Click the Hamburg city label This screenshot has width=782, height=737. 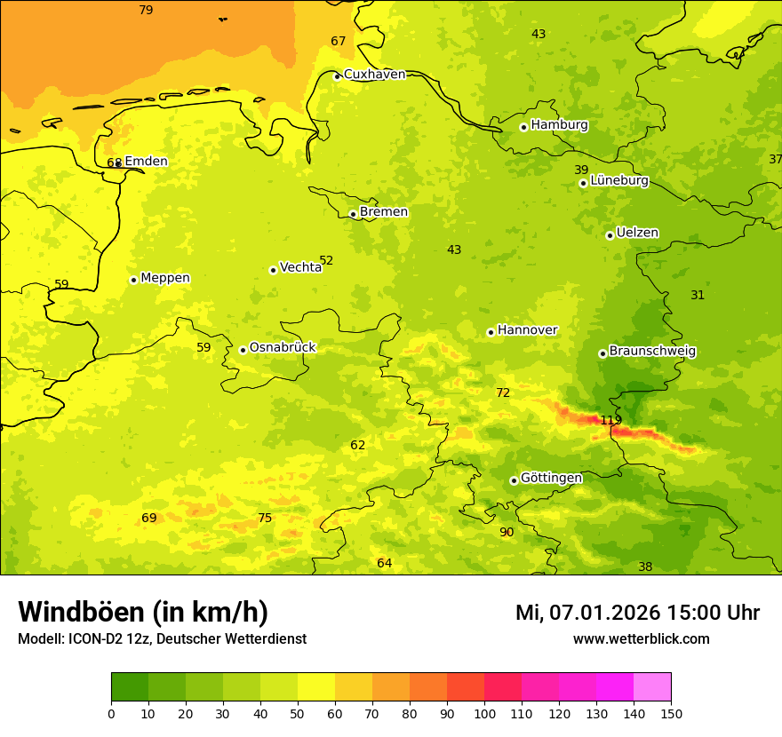559,125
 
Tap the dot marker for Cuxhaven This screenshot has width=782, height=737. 337,76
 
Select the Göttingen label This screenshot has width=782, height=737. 551,478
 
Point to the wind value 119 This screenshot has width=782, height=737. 610,420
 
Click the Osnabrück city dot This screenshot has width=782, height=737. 243,350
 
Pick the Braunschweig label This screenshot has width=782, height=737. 652,351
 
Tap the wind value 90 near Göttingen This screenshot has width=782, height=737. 507,532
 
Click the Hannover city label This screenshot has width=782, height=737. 527,330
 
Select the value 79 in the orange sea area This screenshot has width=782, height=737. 146,10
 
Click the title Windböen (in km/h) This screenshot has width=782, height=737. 143,612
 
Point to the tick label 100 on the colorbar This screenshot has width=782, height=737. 484,713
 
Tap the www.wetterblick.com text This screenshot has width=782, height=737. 641,638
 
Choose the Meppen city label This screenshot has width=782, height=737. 165,278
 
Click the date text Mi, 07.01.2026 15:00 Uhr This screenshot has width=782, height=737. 637,613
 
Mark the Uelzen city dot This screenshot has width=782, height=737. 610,235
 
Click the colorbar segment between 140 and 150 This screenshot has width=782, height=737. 652,687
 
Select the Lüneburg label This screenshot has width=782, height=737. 619,180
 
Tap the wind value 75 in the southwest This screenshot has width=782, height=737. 265,518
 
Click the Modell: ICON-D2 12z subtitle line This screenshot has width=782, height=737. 162,638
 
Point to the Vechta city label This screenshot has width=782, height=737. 300,267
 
